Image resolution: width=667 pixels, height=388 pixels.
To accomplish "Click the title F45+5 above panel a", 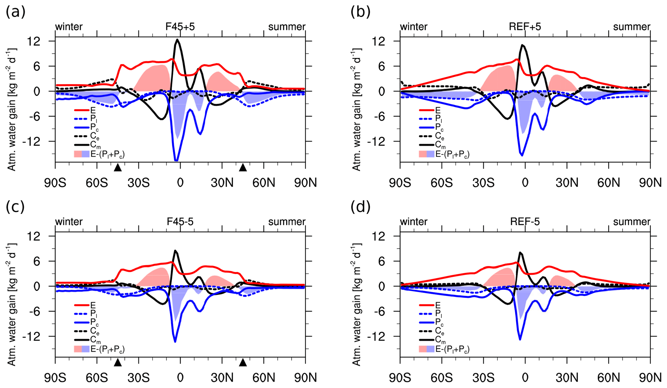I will [180, 27].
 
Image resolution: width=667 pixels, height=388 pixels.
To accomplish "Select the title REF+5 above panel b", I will [525, 27].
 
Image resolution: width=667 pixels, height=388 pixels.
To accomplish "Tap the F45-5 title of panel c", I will [180, 222].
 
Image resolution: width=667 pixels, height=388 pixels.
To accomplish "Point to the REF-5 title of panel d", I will [525, 222].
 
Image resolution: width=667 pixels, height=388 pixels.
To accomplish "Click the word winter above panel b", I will [414, 27].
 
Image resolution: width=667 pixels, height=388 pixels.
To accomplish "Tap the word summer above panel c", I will [287, 222].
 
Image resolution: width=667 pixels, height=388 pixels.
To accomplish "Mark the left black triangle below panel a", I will [118, 168].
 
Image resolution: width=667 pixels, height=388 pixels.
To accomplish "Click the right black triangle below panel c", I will [243, 363].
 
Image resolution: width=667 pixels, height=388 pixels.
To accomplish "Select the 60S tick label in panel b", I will [442, 183].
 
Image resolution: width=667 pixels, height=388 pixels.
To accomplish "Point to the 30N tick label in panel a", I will [222, 183].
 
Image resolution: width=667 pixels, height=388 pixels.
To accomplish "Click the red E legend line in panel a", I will [82, 110].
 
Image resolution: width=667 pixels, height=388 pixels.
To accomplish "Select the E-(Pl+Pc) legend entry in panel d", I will [444, 349].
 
